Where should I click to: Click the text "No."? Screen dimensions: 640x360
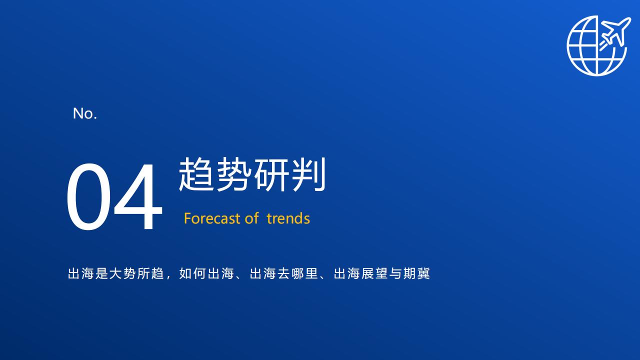pos(85,113)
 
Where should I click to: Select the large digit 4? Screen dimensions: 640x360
pos(138,196)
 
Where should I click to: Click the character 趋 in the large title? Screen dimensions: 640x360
pos(196,174)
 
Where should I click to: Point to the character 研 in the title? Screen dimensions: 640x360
pos(271,174)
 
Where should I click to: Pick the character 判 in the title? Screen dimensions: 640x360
pos(308,174)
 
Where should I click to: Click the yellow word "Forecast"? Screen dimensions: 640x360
pos(212,218)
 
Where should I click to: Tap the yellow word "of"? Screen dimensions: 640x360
pos(251,218)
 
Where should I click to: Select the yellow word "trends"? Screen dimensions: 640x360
pos(288,218)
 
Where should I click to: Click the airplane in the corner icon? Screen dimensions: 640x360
pos(614,33)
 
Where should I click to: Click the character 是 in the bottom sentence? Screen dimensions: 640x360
pos(101,273)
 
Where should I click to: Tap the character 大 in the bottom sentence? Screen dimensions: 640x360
pos(115,273)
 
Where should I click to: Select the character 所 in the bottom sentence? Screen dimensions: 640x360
pos(143,273)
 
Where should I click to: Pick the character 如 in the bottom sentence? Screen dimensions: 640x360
pos(185,273)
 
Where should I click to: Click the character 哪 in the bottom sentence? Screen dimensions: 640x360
pos(297,273)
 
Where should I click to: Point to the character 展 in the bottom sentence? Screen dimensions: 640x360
pos(367,273)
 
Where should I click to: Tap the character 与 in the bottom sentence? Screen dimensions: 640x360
pos(395,273)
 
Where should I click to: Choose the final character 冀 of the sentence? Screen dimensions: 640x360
pos(423,273)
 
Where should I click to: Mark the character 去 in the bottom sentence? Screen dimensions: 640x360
pos(283,273)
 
